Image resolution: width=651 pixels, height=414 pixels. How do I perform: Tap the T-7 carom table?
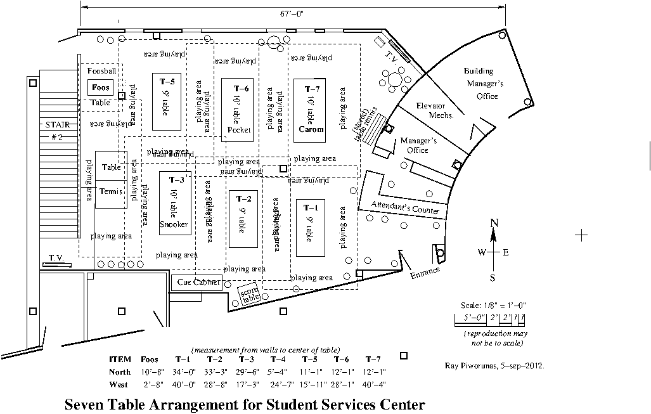310,108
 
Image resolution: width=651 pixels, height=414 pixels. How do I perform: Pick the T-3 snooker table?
174,203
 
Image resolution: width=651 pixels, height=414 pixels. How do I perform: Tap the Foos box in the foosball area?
100,87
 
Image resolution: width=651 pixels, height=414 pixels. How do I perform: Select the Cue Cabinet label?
198,283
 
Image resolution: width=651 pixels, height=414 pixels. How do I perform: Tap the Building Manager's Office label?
484,84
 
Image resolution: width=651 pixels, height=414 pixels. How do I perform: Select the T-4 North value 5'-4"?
279,372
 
